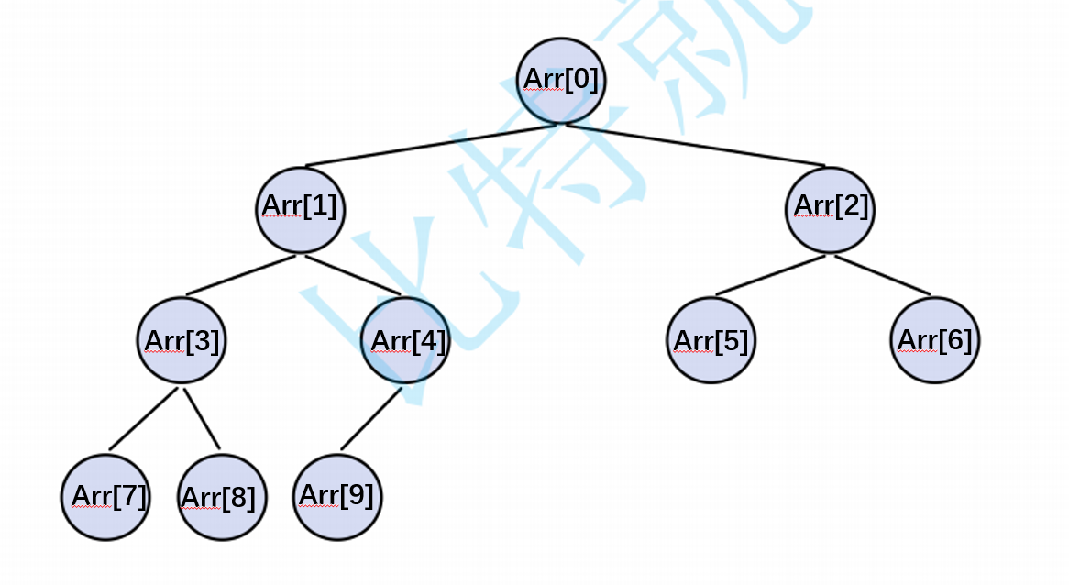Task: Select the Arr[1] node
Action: point(300,208)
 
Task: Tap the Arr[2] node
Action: point(830,208)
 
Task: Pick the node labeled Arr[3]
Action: point(182,340)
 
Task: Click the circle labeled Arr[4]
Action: point(405,340)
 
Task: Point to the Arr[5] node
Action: point(711,340)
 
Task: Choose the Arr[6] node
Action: point(934,339)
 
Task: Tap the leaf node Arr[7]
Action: point(105,497)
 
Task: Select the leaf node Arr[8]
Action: point(222,497)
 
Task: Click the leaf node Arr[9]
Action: point(338,496)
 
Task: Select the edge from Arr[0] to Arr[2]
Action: point(697,146)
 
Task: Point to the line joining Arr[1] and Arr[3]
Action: point(241,275)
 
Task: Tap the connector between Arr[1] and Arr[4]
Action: point(353,275)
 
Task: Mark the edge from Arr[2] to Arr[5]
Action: point(770,275)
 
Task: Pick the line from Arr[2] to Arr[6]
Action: point(882,275)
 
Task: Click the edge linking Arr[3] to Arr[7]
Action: point(143,419)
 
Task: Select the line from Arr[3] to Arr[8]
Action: point(202,419)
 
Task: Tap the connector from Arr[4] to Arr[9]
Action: point(371,419)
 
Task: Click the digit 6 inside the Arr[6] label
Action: point(955,340)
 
